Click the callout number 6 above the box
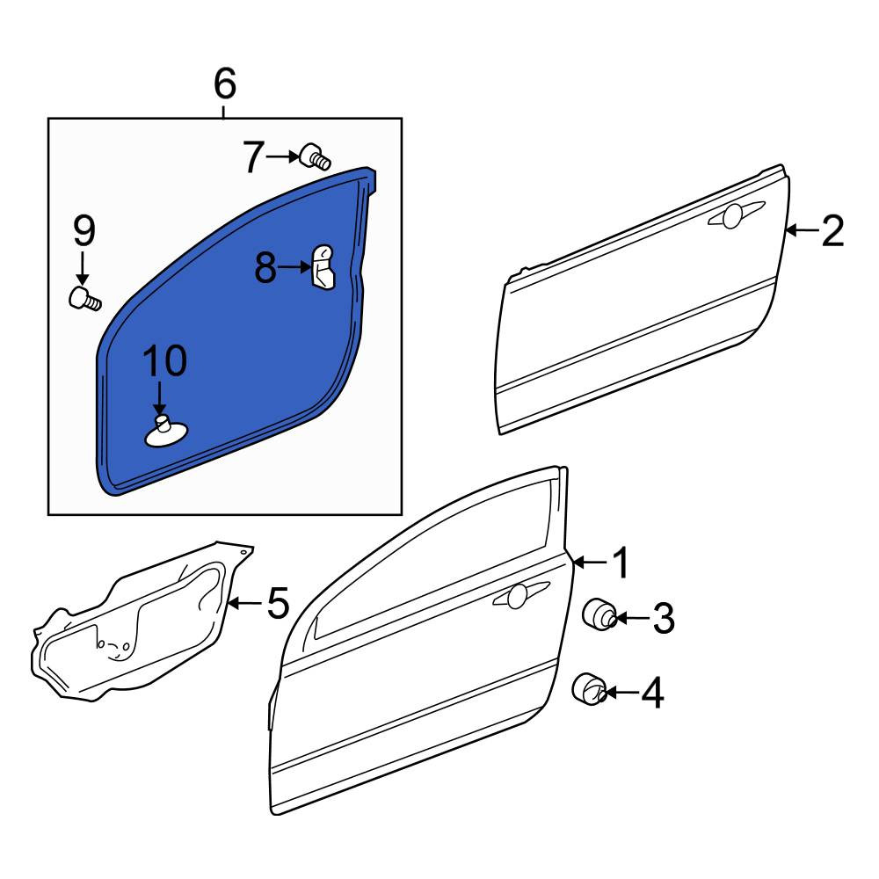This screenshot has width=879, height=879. click(225, 84)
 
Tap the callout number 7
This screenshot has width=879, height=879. click(253, 157)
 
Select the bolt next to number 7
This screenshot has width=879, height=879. click(316, 156)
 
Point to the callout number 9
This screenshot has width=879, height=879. click(84, 231)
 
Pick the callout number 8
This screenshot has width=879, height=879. click(265, 267)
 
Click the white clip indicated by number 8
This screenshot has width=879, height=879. click(323, 267)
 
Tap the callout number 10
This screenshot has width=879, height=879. click(165, 360)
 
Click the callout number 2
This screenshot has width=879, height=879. click(832, 231)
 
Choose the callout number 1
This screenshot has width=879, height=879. click(621, 563)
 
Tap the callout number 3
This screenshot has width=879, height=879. click(664, 618)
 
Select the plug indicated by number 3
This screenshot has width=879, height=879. click(599, 614)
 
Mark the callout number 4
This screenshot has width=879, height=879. click(652, 694)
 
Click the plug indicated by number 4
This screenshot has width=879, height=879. click(589, 689)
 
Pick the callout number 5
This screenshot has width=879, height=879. click(278, 603)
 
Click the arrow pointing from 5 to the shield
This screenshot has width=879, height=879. click(245, 603)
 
